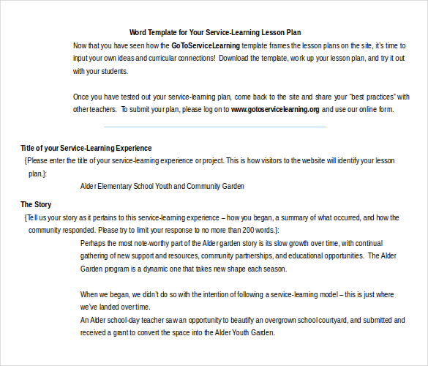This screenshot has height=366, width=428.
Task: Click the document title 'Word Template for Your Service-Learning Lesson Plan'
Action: (215, 32)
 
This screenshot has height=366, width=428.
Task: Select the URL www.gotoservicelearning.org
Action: (275, 109)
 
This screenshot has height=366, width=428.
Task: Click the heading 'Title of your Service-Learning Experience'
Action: (86, 148)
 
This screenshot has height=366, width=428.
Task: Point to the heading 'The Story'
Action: (36, 204)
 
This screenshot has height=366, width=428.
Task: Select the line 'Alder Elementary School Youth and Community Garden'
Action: (162, 186)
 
